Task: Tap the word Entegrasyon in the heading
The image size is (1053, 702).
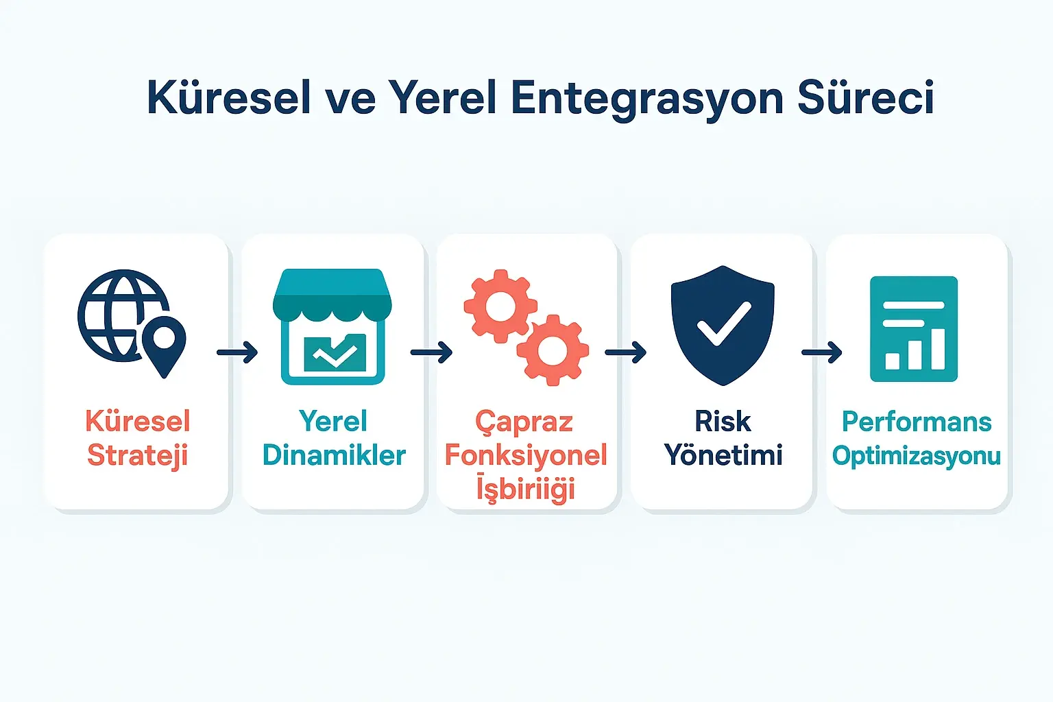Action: click(x=647, y=99)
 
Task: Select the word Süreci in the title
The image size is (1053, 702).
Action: click(x=865, y=97)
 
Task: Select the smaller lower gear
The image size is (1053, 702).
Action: click(x=552, y=350)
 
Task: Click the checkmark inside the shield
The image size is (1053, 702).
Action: click(x=723, y=324)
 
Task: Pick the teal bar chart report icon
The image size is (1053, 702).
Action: click(x=913, y=328)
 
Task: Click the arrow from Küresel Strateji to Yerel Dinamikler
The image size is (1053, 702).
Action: click(x=237, y=352)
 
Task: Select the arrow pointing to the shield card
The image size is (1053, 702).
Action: click(x=625, y=352)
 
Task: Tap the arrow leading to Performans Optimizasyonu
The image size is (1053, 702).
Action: click(x=821, y=352)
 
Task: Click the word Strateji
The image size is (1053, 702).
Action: click(x=137, y=456)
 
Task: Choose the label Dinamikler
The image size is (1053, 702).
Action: click(x=334, y=455)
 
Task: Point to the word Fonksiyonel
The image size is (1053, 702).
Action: click(x=526, y=455)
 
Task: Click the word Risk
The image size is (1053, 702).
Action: click(x=723, y=422)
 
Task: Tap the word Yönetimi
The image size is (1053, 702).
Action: click(x=723, y=455)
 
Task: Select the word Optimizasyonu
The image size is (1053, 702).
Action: click(x=917, y=456)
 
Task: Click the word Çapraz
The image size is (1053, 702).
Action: click(x=524, y=422)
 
